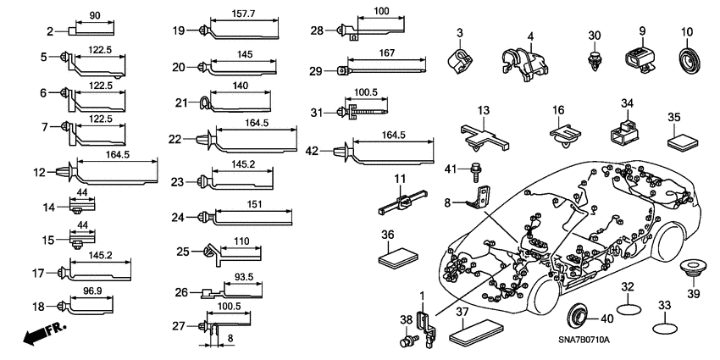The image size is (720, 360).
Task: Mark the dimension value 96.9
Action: coord(92,291)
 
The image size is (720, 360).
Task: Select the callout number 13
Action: coord(483,111)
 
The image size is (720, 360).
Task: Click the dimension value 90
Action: coord(93,14)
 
